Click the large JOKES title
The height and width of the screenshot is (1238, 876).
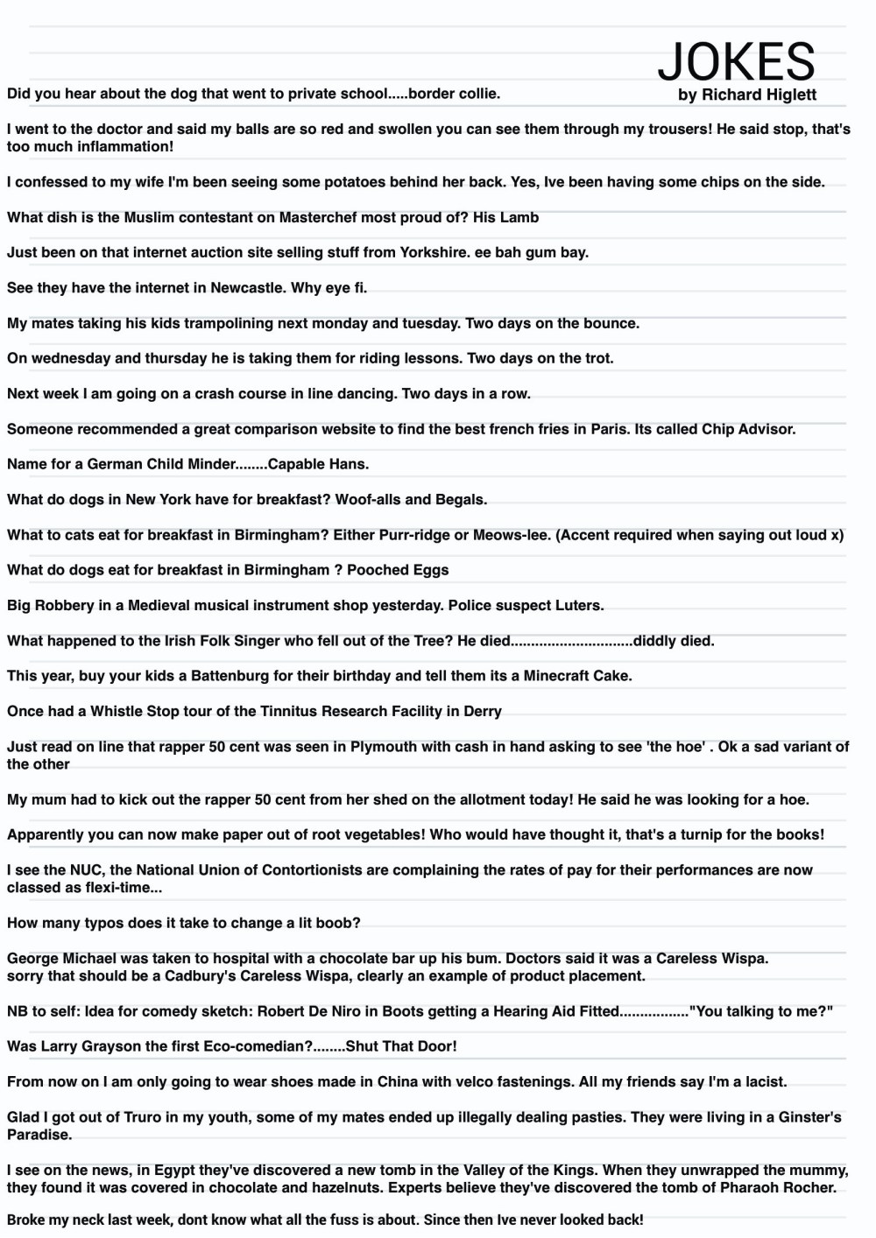coord(736,61)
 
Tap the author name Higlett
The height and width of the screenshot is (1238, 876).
coord(785,95)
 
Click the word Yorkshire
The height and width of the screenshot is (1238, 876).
coord(433,252)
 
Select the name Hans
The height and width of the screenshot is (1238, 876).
coord(349,464)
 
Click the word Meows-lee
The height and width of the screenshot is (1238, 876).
coord(512,535)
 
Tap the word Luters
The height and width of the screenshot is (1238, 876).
coord(579,605)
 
